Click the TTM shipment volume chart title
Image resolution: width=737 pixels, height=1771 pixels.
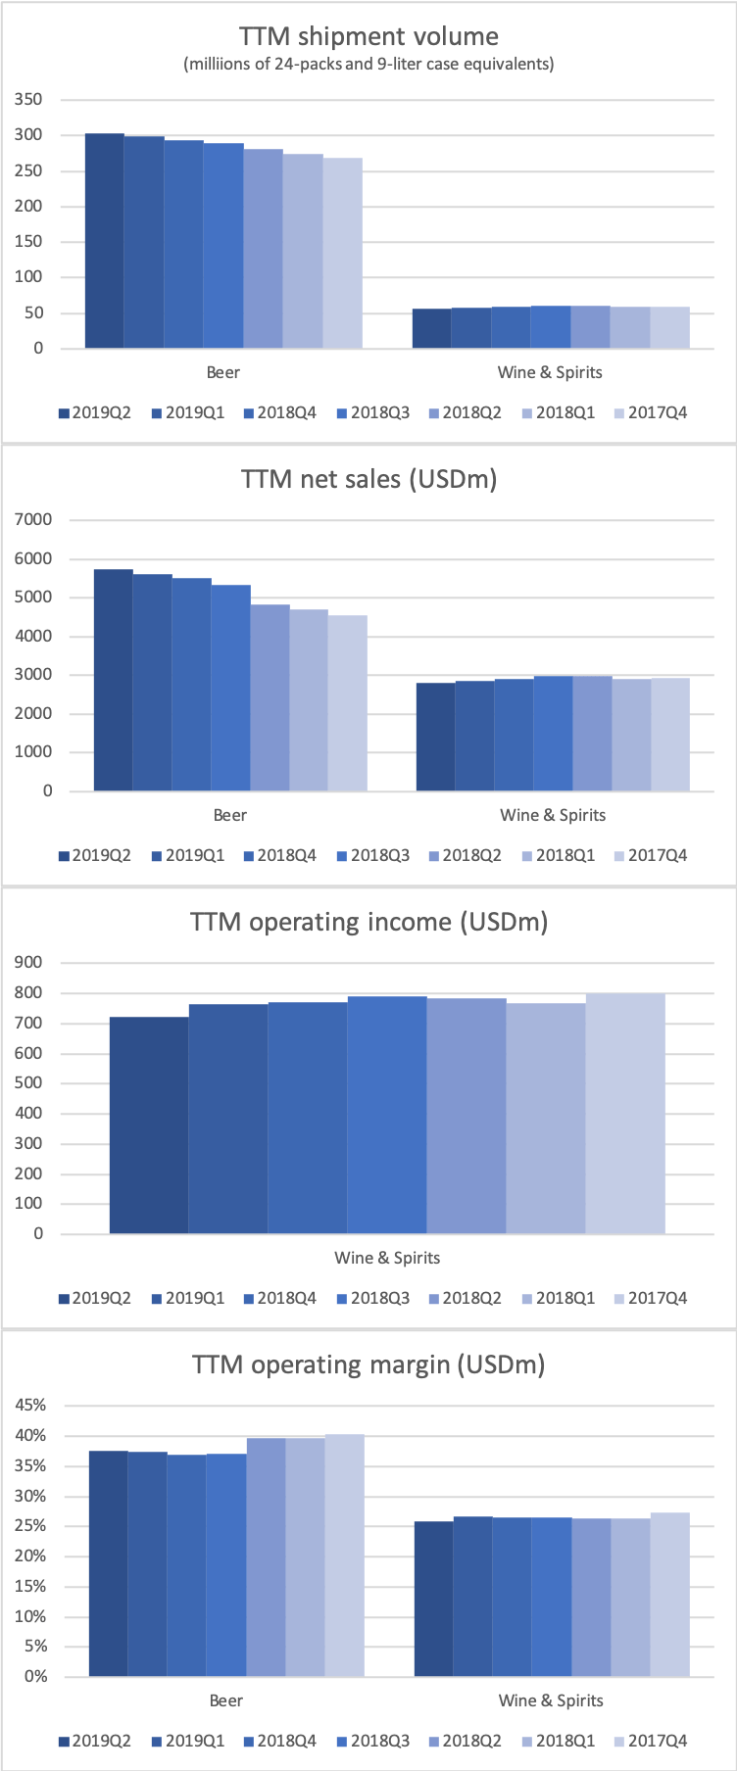(368, 37)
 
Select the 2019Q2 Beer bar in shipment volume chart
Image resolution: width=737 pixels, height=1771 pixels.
(105, 241)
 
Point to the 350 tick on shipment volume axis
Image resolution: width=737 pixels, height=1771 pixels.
(29, 100)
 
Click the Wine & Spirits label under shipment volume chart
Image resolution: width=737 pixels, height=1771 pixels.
(550, 372)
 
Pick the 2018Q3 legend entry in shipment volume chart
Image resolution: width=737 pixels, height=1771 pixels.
(372, 413)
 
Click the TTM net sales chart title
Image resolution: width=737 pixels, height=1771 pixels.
(368, 480)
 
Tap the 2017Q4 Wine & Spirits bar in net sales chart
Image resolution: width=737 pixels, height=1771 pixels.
(670, 735)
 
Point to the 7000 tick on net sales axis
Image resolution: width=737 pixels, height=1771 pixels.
(33, 520)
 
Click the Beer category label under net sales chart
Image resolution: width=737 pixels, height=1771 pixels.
(230, 815)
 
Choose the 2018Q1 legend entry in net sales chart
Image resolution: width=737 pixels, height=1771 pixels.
(558, 856)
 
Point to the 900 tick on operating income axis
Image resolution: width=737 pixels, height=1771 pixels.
(29, 963)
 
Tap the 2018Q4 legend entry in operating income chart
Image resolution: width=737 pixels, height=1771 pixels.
(279, 1299)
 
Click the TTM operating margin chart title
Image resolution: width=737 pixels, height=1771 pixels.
(368, 1365)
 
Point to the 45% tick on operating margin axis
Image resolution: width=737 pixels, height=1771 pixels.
(30, 1406)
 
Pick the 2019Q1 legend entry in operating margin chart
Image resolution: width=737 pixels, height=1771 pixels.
(187, 1742)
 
